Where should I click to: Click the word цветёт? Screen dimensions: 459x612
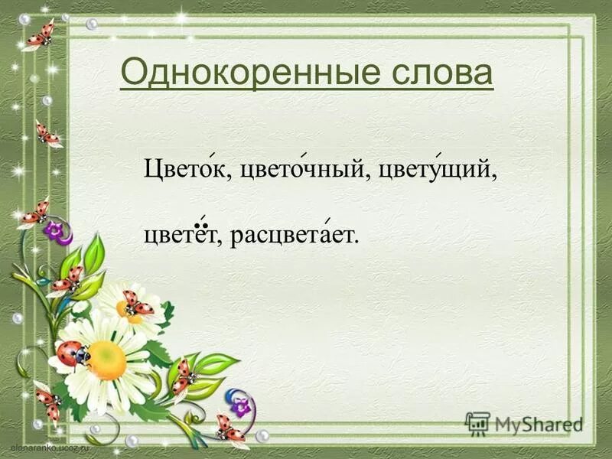pos(181,236)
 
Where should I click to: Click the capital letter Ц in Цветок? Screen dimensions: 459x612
pos(153,170)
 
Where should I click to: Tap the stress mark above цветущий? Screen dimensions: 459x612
pos(441,155)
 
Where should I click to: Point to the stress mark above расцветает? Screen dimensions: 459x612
pos(328,222)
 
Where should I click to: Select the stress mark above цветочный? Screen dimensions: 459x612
pos(304,155)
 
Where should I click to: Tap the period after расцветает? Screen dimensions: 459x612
pos(356,242)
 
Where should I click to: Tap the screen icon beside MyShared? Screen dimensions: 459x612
pos(477,423)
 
